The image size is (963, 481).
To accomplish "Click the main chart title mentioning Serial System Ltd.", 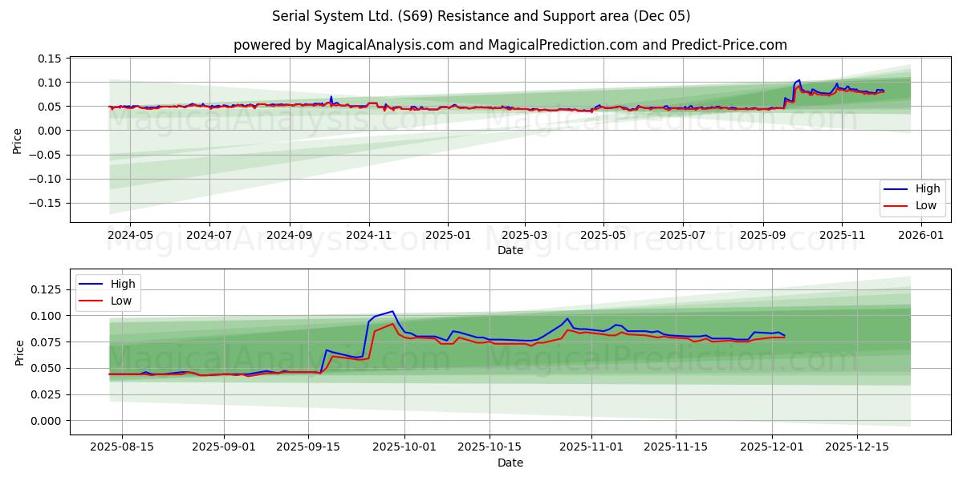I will [x=481, y=16].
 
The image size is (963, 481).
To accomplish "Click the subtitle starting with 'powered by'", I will [x=510, y=45].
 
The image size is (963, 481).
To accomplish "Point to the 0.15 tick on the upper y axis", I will [x=50, y=59].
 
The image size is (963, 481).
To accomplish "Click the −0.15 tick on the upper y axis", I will [x=47, y=203].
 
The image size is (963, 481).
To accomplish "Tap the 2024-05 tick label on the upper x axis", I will [x=130, y=236].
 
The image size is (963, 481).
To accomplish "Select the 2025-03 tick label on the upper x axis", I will [x=525, y=236].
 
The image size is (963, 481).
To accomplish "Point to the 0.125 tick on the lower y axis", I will [x=47, y=289].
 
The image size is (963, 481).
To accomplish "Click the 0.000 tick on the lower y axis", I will [x=47, y=421].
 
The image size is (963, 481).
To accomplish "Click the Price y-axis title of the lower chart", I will [x=19, y=352].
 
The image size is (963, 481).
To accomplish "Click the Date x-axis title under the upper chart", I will [x=510, y=250].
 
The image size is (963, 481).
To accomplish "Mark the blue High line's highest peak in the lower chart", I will [x=392, y=311].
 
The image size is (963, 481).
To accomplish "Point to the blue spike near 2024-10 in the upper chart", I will [x=331, y=97].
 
